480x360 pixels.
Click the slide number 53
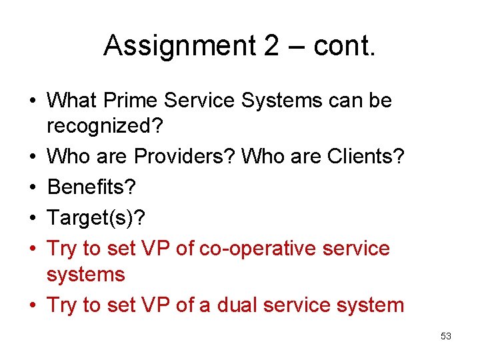coord(446,336)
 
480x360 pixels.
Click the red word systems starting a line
coord(86,274)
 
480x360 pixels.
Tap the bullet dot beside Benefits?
coord(33,187)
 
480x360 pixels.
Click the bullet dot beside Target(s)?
coord(33,218)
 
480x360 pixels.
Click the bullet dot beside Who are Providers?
coord(33,157)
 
